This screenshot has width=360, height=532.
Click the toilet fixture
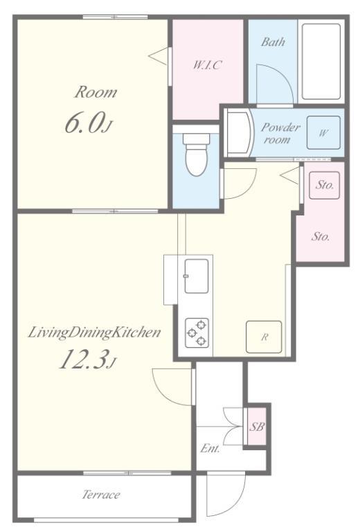(197, 154)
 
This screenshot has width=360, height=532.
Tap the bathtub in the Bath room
(321, 62)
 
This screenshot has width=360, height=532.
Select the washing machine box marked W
(323, 133)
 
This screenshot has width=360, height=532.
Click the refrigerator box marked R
(264, 337)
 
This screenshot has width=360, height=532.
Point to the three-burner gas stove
(197, 332)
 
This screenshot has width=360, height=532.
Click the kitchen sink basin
(197, 276)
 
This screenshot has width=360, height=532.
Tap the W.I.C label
(208, 64)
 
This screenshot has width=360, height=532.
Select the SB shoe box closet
(257, 426)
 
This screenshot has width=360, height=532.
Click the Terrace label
(100, 495)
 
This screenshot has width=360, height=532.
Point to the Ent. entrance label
(210, 448)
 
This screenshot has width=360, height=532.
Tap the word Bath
(273, 42)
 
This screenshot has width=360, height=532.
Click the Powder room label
(280, 133)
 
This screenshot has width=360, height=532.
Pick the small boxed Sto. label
(325, 185)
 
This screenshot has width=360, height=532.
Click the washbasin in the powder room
(241, 133)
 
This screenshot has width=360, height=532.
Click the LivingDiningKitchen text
(94, 332)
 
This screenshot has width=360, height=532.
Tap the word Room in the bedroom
(96, 92)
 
